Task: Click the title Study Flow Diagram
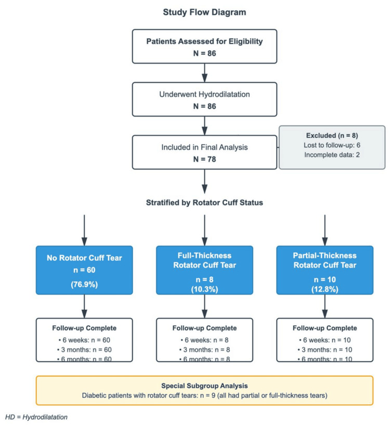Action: pos(204,12)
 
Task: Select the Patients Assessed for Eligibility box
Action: pos(204,46)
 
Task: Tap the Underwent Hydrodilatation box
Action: pos(204,99)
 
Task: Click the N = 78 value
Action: pos(204,159)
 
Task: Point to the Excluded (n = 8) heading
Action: pos(332,135)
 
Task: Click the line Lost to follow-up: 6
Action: pos(332,145)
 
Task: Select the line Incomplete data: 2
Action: pos(332,155)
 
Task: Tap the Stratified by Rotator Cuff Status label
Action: pos(204,202)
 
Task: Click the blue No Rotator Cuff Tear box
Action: pos(84,270)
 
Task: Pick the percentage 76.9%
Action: pos(84,285)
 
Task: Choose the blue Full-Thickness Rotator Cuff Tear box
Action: pos(204,270)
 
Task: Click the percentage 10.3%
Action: pos(204,289)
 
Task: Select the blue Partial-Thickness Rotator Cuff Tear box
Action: pos(324,270)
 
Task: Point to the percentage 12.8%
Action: pos(324,289)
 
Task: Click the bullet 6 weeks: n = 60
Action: pos(84,340)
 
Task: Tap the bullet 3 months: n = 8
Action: pos(204,350)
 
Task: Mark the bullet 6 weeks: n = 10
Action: pos(324,340)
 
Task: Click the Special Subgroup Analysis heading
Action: pos(204,386)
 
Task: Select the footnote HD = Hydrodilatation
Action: pos(36,417)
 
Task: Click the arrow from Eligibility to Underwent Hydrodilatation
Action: pos(204,73)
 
